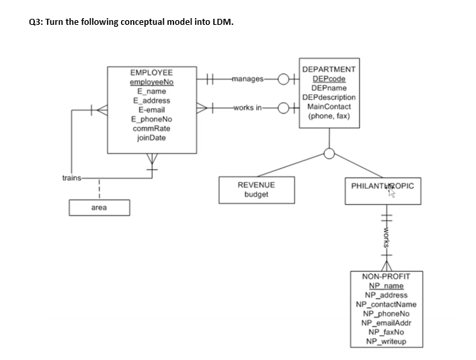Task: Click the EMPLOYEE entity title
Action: (x=151, y=72)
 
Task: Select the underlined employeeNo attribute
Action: (x=151, y=81)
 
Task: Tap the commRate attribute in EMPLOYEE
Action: (x=151, y=128)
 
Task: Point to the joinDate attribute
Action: (x=151, y=137)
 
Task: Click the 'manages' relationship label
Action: (x=247, y=79)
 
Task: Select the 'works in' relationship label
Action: (x=247, y=107)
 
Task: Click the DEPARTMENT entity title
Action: (x=329, y=69)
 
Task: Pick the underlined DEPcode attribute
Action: (x=329, y=79)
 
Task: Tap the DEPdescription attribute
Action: (x=329, y=97)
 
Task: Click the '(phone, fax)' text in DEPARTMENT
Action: (x=329, y=116)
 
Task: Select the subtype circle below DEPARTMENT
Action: (x=329, y=153)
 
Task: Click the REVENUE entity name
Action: (x=256, y=184)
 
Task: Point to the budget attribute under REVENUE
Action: (x=256, y=194)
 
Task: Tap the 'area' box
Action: (x=98, y=208)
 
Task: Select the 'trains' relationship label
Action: (x=71, y=178)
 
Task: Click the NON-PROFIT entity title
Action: (x=381, y=276)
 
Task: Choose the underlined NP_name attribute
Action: (x=381, y=285)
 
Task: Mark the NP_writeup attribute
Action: (x=381, y=341)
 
